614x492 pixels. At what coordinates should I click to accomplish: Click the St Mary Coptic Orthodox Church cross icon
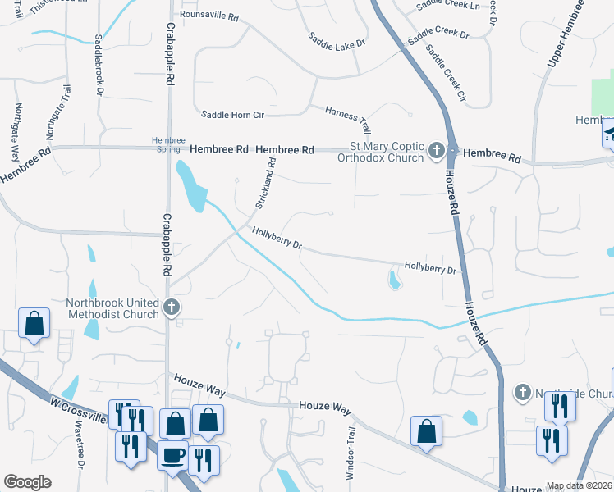pyautogui.click(x=436, y=151)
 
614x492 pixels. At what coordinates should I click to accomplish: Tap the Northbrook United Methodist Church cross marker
pyautogui.click(x=171, y=307)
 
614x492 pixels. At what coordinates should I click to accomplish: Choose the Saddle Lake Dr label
pyautogui.click(x=337, y=42)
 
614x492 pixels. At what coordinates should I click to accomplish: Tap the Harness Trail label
pyautogui.click(x=348, y=119)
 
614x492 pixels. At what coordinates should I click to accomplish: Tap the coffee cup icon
pyautogui.click(x=173, y=455)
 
